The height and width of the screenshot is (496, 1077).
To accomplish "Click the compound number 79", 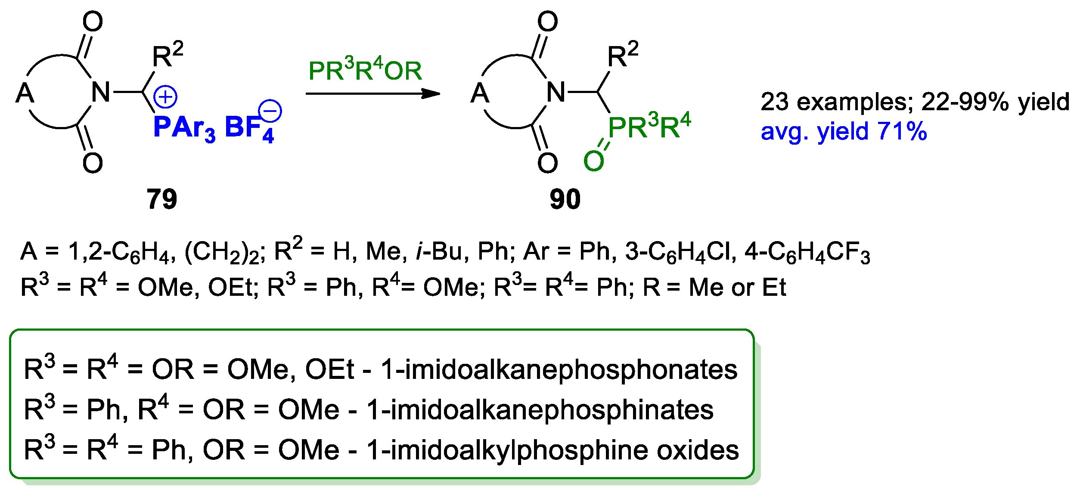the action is point(161,199).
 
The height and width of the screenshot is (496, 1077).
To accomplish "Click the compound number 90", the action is point(565,199).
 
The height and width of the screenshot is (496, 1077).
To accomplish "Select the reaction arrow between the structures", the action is point(372,93).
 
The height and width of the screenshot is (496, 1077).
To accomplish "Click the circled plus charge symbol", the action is point(165,97).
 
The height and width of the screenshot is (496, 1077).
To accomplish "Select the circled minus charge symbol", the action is point(270,111).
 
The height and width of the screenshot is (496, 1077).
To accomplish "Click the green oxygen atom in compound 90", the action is point(593,161).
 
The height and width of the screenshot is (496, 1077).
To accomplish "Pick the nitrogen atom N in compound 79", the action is point(101,92).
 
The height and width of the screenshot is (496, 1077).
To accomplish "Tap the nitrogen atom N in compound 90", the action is point(556,92).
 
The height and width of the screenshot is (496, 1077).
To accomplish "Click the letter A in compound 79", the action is point(25,93).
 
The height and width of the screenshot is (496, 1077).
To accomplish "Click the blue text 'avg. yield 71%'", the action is point(844,131).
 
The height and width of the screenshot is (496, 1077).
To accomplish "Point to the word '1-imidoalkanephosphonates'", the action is point(559,369).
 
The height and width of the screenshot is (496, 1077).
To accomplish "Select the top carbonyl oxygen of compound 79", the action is point(93,22).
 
